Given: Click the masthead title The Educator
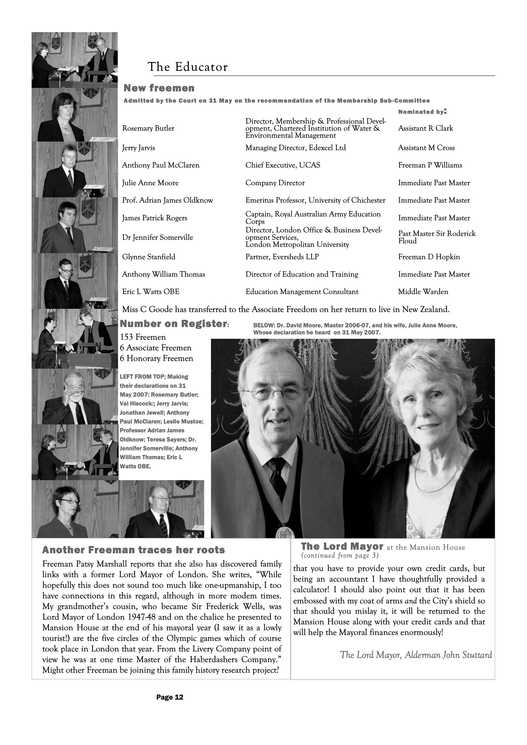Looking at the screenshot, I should point(188,67).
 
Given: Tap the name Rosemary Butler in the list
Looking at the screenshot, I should point(148,128).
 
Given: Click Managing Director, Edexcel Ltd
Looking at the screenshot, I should point(295,148).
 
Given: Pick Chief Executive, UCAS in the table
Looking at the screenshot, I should point(282,165).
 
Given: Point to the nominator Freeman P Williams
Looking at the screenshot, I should point(430,165).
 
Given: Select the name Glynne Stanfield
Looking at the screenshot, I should point(148,257).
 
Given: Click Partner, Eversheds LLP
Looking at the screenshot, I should point(282,257).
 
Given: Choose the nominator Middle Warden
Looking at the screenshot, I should point(423,291).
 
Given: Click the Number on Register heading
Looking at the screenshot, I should point(174,324).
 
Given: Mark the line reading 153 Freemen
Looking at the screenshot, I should point(143,337).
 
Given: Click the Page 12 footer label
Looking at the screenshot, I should point(170,697).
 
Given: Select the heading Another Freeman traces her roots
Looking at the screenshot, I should point(133,550).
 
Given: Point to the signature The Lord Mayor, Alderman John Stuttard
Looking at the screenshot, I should point(416,655).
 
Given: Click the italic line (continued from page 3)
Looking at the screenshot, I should point(340,555).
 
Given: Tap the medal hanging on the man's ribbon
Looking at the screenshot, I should point(285,532).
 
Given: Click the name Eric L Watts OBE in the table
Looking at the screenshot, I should point(151,291).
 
